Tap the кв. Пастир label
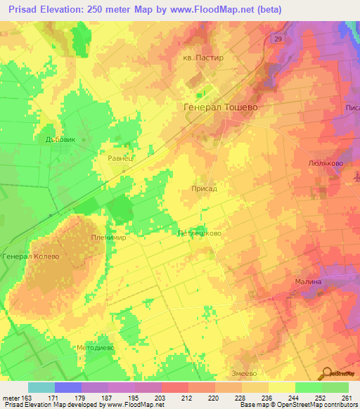click(x=202, y=58)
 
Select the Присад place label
click(x=204, y=189)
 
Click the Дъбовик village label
click(x=59, y=139)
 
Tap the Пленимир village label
click(x=108, y=238)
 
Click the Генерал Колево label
click(x=30, y=257)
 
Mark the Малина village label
click(x=307, y=281)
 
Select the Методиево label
click(x=95, y=348)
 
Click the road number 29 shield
click(x=278, y=39)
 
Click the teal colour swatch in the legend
click(x=41, y=387)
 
